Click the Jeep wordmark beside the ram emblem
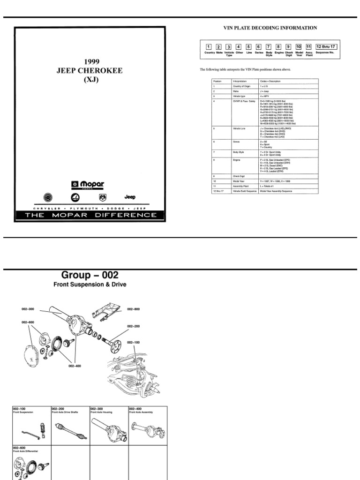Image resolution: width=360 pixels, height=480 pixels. [130, 197]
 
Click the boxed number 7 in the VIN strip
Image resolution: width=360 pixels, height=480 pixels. [269, 47]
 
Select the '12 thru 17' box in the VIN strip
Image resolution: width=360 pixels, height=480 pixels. [325, 46]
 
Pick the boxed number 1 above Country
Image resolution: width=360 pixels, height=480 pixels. [208, 47]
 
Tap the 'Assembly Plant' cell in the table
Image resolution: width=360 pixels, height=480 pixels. [241, 185]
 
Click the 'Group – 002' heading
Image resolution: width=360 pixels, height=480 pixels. [90, 275]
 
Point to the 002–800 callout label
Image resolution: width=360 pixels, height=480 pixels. [133, 309]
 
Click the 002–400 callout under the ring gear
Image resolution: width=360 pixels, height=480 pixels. [75, 366]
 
